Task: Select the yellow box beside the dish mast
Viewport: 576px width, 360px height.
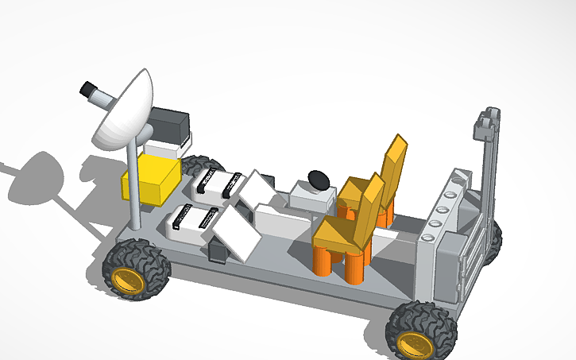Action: [149, 176]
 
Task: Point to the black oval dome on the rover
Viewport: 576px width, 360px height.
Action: [319, 179]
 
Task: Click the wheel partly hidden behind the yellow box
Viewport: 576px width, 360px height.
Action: [194, 165]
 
